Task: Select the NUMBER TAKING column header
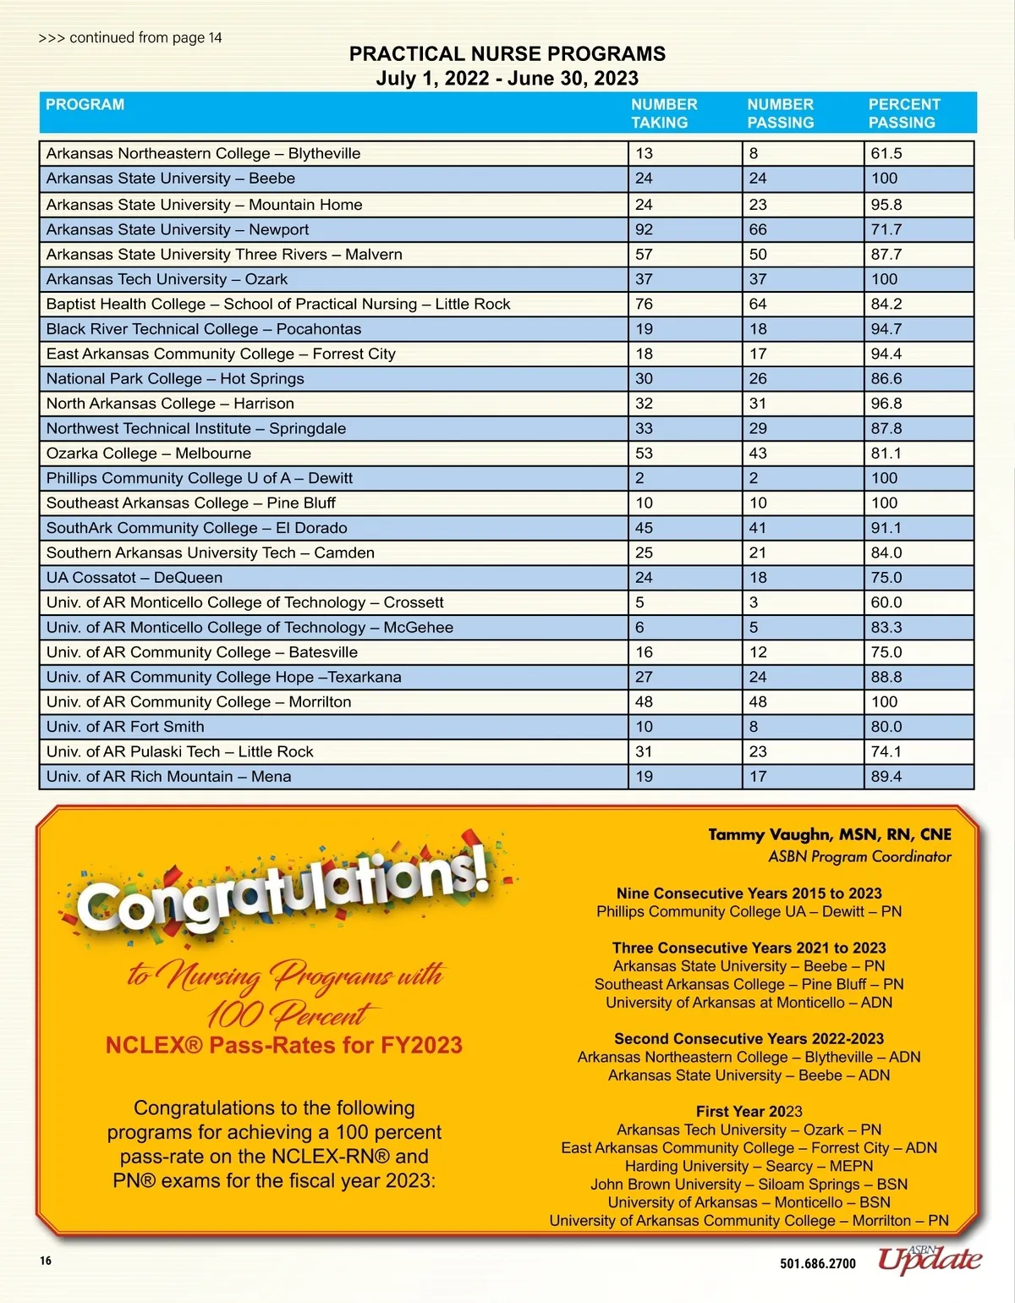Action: coord(664,113)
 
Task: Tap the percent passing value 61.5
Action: coord(886,153)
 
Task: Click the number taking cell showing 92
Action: coord(645,229)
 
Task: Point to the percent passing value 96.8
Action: coord(886,404)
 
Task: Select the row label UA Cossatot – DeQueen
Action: coord(134,578)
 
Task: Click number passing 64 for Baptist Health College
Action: coord(758,304)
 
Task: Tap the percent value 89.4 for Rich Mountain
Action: coord(886,777)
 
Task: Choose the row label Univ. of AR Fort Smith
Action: coord(125,727)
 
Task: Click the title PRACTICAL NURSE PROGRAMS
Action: coord(507,54)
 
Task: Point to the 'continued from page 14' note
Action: coord(130,38)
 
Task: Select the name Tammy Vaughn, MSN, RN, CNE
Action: coord(829,834)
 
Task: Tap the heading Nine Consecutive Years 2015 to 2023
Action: coord(749,893)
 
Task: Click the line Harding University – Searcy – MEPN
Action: coord(749,1166)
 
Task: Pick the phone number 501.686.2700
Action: coord(817,1263)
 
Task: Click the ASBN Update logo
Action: coord(929,1259)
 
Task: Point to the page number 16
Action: coord(46,1261)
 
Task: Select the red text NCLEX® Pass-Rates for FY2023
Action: coord(283,1045)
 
